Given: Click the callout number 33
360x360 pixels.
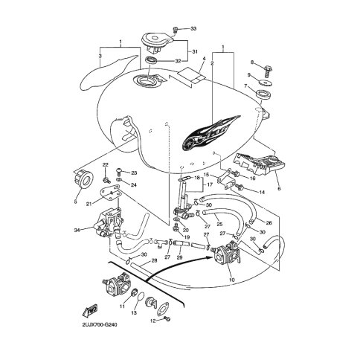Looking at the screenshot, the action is pyautogui.click(x=193, y=29).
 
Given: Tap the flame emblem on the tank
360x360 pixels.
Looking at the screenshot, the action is pyautogui.click(x=211, y=133).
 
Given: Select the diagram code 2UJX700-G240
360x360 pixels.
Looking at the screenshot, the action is pyautogui.click(x=100, y=324).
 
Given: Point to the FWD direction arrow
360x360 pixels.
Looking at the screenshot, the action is pyautogui.click(x=90, y=311).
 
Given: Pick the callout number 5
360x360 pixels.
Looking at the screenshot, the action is pyautogui.click(x=76, y=202).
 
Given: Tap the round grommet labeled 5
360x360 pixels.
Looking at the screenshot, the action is pyautogui.click(x=84, y=179).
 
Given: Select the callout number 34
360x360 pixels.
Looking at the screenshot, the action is pyautogui.click(x=77, y=231).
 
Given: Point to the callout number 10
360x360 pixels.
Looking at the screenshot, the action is pyautogui.click(x=232, y=280).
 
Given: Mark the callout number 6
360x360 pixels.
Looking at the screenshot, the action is pyautogui.click(x=279, y=189).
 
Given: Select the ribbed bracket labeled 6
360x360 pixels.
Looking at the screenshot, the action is pyautogui.click(x=260, y=164).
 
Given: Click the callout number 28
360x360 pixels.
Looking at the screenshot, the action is pyautogui.click(x=154, y=260).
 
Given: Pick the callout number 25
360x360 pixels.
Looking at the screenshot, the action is pyautogui.click(x=219, y=224).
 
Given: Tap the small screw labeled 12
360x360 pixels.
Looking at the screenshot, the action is pyautogui.click(x=167, y=319).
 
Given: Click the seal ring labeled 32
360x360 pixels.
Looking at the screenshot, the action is pyautogui.click(x=151, y=60).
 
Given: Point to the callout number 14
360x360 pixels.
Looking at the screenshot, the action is pyautogui.click(x=262, y=192).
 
